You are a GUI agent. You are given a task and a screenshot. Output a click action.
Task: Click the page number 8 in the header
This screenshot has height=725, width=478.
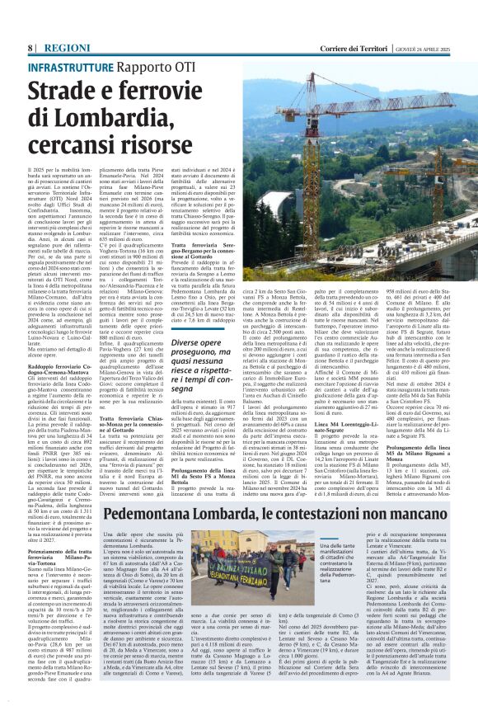pos(30,48)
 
